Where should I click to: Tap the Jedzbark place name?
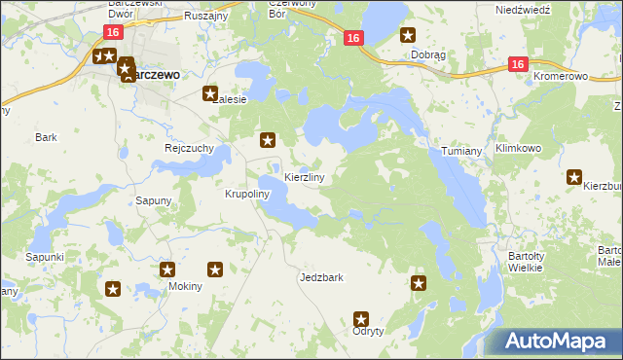click(321, 277)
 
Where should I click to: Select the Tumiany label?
click(461, 153)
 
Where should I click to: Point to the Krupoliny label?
click(246, 195)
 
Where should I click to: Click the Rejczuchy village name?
click(189, 149)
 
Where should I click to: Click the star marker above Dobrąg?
click(408, 36)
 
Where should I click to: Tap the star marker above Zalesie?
click(209, 94)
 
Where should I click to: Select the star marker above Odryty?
click(361, 318)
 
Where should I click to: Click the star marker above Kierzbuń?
click(574, 178)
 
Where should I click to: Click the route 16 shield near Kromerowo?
click(517, 64)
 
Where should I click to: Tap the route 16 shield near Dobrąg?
click(353, 38)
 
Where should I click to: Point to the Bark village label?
click(46, 138)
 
